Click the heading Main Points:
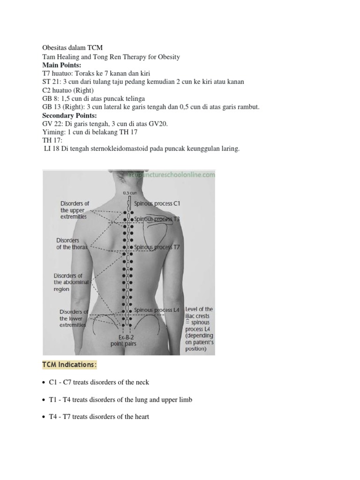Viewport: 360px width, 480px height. point(61,65)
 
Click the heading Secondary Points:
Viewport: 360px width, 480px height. point(70,115)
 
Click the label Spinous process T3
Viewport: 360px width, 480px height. point(157,219)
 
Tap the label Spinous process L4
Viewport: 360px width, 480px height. point(157,310)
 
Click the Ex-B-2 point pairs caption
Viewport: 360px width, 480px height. point(123,340)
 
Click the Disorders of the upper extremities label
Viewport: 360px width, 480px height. point(75,210)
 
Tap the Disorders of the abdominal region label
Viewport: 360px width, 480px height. point(68,282)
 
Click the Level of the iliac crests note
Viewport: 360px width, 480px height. point(199,329)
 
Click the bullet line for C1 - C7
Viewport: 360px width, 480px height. point(99,382)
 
